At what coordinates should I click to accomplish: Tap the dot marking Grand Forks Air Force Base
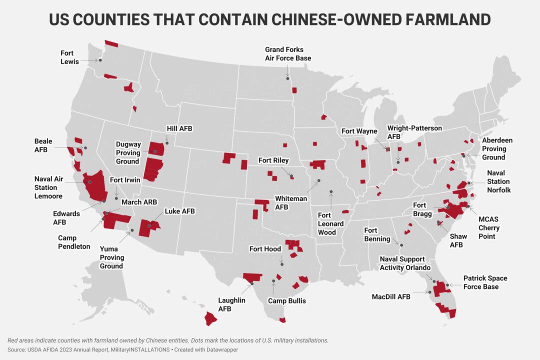pos(287,77)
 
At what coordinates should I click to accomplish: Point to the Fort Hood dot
pos(281,263)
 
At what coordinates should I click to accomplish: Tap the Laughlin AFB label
pos(231,304)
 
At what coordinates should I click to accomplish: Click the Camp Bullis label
pos(286,301)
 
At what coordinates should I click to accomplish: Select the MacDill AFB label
pos(390,297)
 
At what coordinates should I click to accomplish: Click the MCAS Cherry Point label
pos(488,227)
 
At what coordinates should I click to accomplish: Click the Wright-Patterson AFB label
pos(414,132)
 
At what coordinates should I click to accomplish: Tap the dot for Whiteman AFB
pos(318,180)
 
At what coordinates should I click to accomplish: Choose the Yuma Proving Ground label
pos(111,257)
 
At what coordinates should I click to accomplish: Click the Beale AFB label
pos(43,145)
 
